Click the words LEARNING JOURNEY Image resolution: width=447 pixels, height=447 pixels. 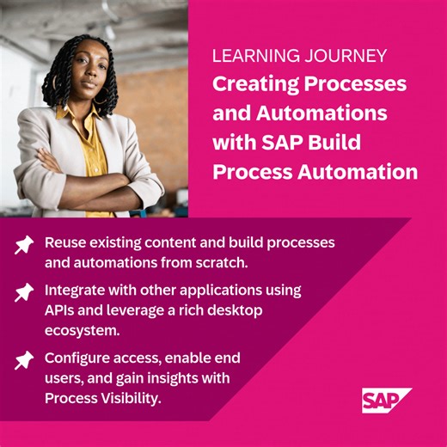(299, 57)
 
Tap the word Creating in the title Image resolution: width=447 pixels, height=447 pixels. (250, 85)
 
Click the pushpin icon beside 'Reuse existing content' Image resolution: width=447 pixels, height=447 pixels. (23, 245)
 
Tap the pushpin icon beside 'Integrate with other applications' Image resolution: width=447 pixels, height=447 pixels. (23, 293)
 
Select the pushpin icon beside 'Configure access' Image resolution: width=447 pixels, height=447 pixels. (23, 359)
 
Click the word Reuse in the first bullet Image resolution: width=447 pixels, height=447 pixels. (64, 242)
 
